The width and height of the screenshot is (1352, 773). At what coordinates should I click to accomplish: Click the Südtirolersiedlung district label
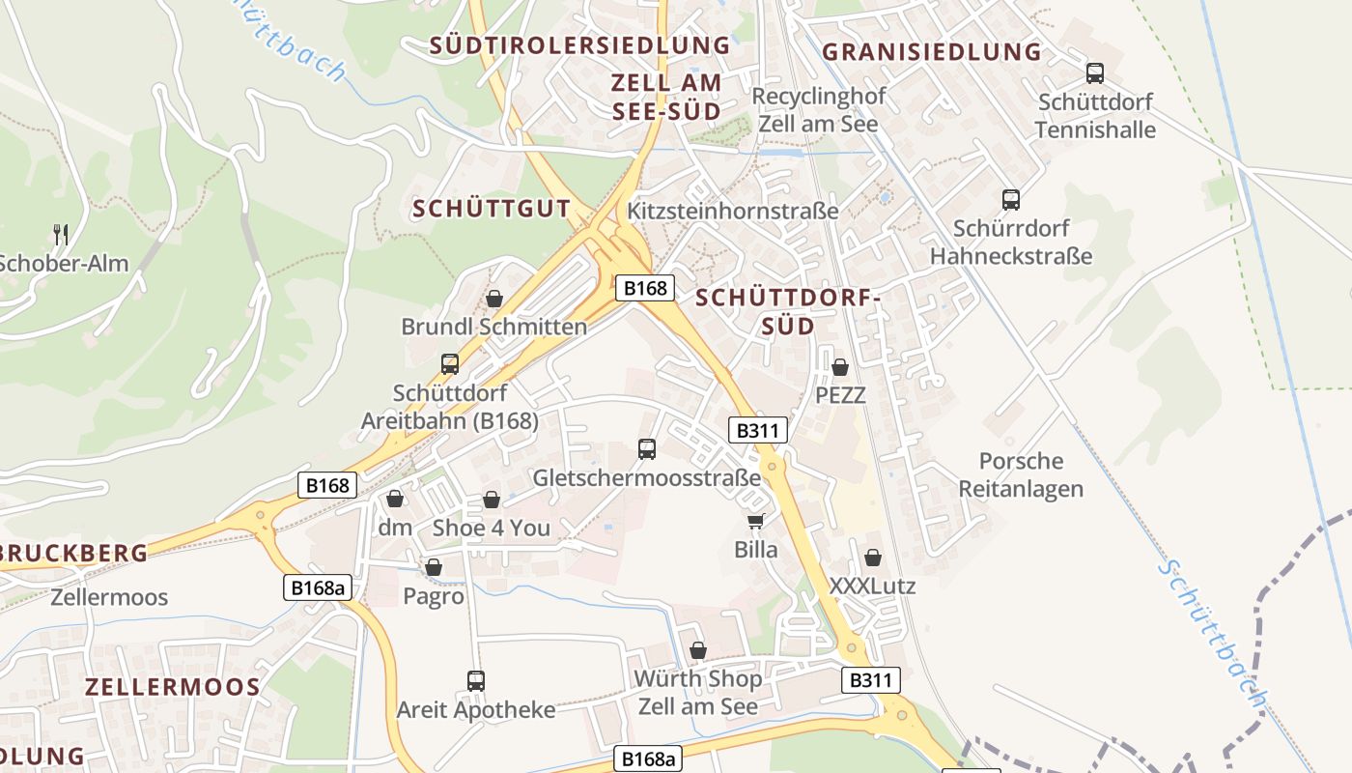[x=579, y=45]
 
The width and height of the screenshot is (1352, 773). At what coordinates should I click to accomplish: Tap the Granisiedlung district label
[x=932, y=52]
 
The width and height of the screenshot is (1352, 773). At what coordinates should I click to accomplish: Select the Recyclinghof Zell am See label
[x=818, y=110]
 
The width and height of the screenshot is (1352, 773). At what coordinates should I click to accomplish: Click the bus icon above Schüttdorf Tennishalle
[x=1094, y=72]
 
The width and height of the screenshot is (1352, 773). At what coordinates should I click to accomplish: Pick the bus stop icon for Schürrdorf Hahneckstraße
[x=1010, y=200]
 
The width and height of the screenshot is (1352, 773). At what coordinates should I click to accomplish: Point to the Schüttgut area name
[x=492, y=209]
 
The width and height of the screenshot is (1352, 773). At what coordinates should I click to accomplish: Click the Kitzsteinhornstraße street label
[x=733, y=211]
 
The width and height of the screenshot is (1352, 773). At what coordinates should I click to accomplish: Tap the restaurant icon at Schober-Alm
[x=60, y=234]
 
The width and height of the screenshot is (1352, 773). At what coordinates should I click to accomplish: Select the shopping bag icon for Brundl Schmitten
[x=493, y=299]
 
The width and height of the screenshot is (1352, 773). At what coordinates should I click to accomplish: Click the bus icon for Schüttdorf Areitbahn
[x=449, y=364]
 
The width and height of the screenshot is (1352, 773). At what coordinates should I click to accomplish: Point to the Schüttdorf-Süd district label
[x=788, y=311]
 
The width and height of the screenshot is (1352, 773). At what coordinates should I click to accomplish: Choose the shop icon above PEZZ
[x=839, y=367]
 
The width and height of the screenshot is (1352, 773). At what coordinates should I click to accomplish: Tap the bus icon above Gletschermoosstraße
[x=646, y=449]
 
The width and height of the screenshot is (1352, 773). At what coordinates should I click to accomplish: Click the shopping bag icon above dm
[x=394, y=499]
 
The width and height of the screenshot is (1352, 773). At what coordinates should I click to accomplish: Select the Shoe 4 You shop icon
[x=491, y=500]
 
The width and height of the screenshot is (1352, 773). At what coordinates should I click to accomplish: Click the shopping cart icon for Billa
[x=755, y=522]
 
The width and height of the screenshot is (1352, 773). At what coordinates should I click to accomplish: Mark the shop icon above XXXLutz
[x=872, y=558]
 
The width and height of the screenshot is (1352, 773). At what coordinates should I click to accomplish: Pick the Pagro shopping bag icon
[x=434, y=567]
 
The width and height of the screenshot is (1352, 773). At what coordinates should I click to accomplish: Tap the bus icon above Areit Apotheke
[x=475, y=680]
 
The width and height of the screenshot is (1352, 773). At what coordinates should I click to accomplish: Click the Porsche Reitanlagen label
[x=1020, y=474]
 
